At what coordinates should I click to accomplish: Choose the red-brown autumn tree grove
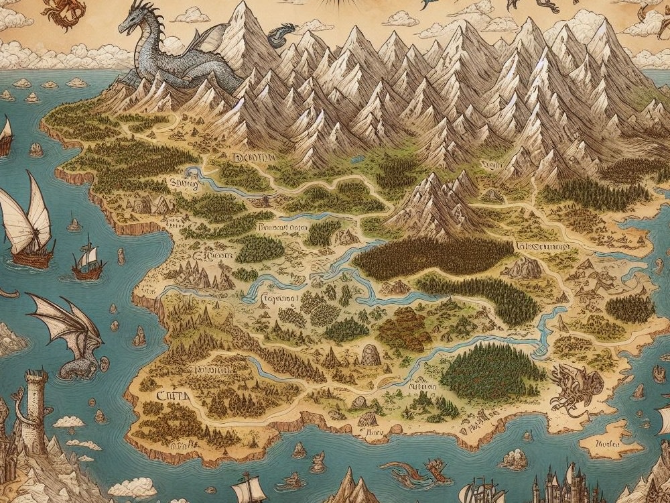pos(402,329)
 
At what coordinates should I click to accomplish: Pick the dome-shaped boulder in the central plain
pos(371,354)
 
